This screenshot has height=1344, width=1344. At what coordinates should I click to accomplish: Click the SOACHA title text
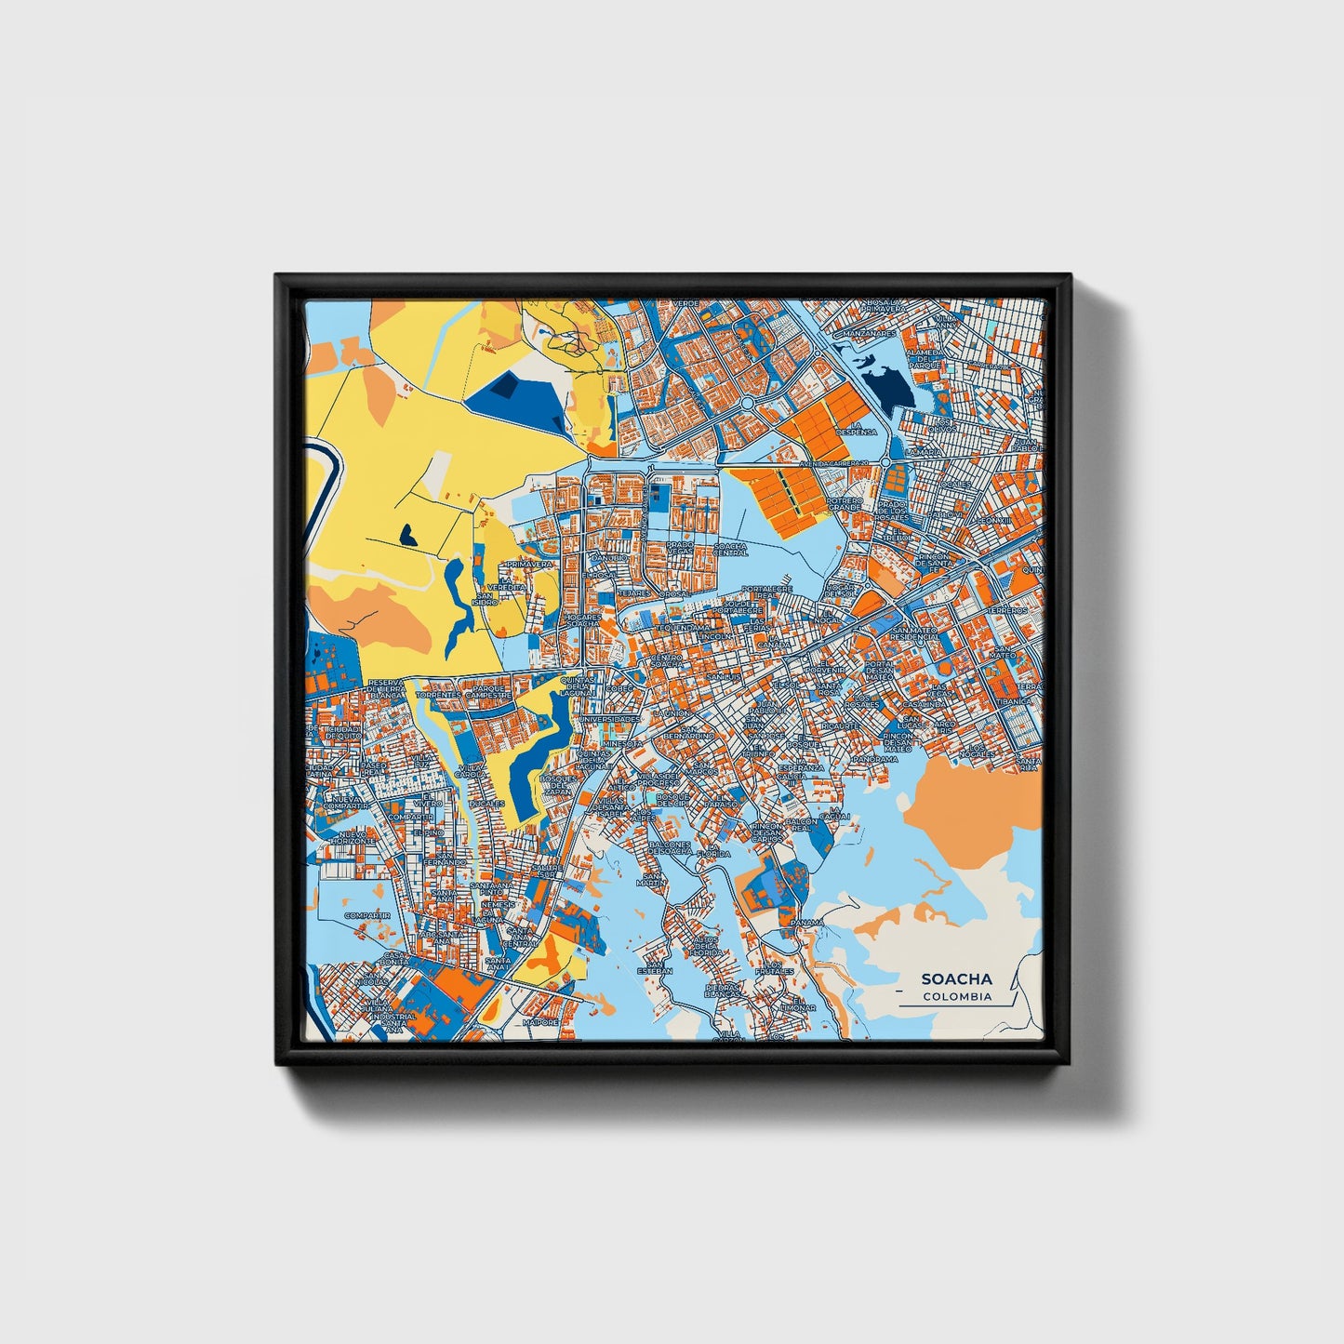[x=956, y=978]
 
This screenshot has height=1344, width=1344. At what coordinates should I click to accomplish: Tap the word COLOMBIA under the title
[x=957, y=996]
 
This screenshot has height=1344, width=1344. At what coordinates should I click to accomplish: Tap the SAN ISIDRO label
[x=486, y=599]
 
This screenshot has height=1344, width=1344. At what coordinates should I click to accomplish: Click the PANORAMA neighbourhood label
[x=875, y=758]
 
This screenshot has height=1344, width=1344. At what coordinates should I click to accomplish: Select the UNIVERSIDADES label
[x=609, y=719]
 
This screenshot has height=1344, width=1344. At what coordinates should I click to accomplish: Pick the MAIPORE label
[x=540, y=1021]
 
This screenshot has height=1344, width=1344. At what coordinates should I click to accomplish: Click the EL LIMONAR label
[x=798, y=1005]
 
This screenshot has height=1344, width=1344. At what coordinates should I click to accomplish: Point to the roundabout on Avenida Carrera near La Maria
[x=886, y=461]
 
